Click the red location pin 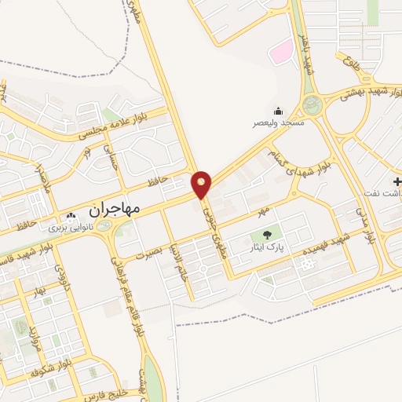[202, 185]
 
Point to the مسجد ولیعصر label [277, 124]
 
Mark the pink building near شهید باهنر [280, 52]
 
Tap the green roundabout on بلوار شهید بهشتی [312, 104]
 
